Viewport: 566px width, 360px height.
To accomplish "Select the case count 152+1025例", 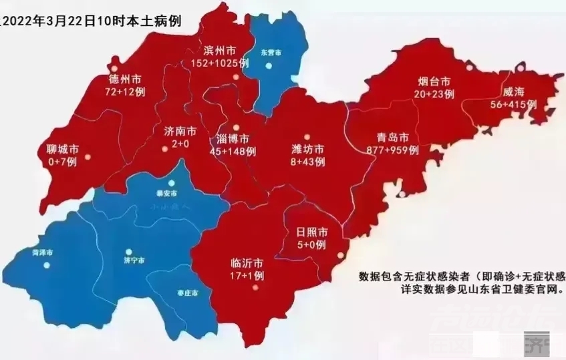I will point(220,63).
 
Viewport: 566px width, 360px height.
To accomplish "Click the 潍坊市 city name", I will point(308,149).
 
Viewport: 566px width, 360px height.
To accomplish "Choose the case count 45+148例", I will point(232,152).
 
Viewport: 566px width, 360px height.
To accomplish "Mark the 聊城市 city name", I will point(65,149).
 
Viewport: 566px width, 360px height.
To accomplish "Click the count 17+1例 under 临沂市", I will point(244,275).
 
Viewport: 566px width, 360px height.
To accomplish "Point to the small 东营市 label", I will point(271,51).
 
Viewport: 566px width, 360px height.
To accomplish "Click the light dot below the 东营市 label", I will point(269,65).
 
